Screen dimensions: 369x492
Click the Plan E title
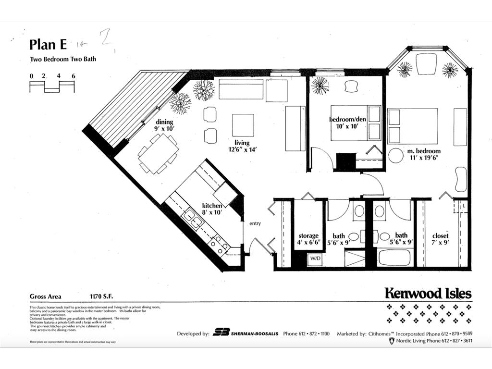tap(48, 44)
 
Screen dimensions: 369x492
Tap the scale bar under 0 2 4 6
tap(52, 87)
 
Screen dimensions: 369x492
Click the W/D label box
tap(315, 258)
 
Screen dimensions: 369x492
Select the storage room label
tap(308, 239)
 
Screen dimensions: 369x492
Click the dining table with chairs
tap(158, 153)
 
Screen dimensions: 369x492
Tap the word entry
tap(255, 224)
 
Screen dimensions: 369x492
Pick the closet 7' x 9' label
tap(440, 239)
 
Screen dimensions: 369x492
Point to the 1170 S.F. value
tap(104, 296)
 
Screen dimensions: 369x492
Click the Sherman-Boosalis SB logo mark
tap(221, 333)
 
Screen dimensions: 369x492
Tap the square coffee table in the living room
tap(243, 125)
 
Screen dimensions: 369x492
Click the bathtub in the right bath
tap(394, 258)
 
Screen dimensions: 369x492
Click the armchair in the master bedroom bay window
tap(426, 63)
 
